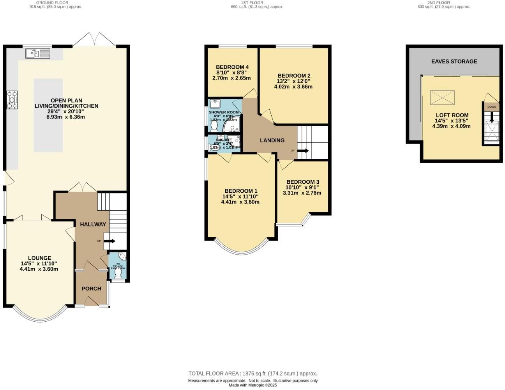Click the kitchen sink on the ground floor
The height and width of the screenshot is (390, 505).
(x=38, y=53)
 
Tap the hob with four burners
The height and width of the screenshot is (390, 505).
(x=12, y=100)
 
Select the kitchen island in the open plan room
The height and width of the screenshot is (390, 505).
(x=48, y=115)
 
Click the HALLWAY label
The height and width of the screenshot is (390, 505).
(x=93, y=224)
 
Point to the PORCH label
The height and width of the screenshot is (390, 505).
(x=91, y=289)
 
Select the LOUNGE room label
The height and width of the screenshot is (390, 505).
(x=39, y=258)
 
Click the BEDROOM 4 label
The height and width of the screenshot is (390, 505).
(x=232, y=67)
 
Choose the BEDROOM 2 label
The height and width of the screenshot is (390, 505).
(x=294, y=76)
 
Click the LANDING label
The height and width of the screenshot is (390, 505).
(x=272, y=140)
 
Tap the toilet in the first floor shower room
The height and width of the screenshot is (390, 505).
(x=214, y=126)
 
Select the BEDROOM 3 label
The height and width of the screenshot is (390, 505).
(x=302, y=182)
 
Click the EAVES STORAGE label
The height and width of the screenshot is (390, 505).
(x=454, y=61)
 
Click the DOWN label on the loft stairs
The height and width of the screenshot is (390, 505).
(x=491, y=106)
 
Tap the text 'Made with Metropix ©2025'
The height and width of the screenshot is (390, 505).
(x=252, y=385)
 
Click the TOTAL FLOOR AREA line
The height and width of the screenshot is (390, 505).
(x=252, y=373)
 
